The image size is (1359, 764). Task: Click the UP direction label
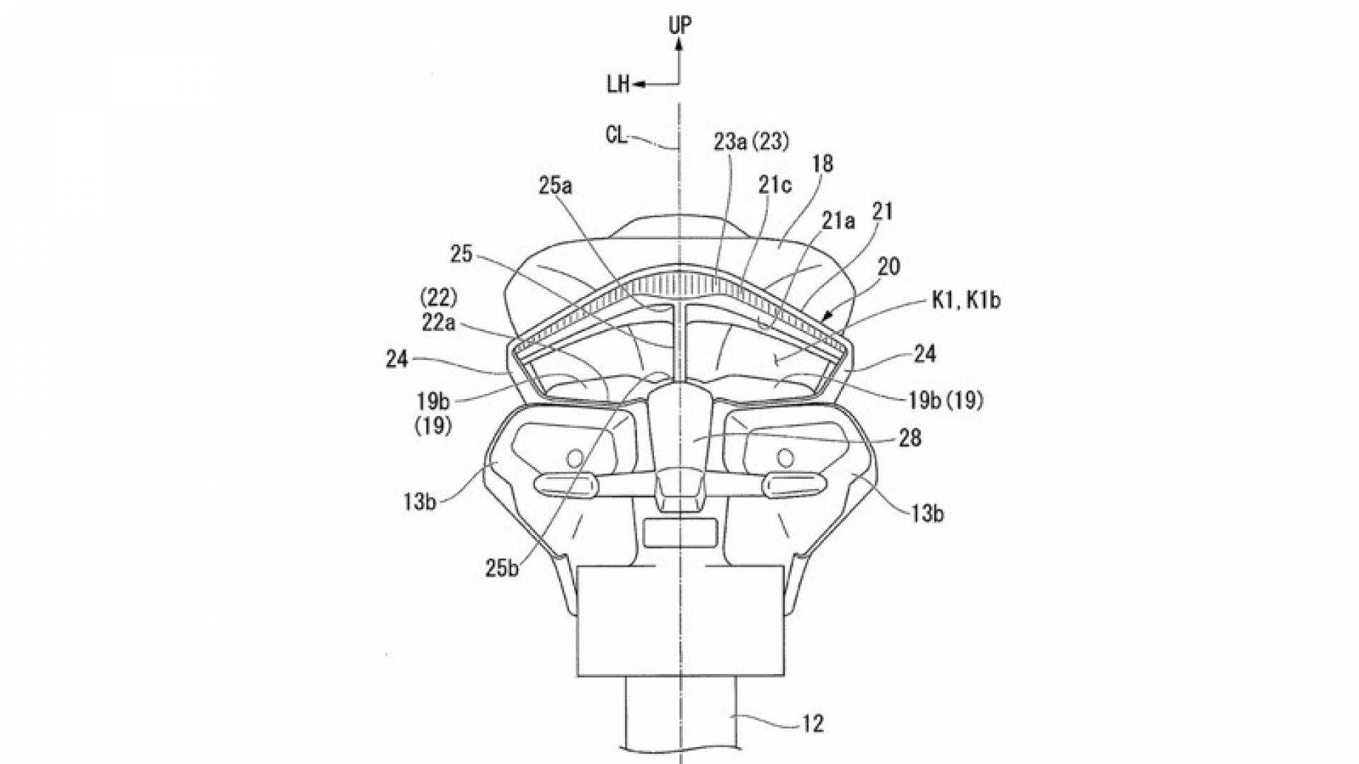coord(679,25)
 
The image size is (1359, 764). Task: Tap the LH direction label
coord(618,85)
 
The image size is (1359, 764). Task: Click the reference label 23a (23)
coord(751,142)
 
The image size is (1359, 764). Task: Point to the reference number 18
coord(822,164)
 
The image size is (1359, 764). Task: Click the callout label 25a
coord(556,186)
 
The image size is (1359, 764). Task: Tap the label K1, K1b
coord(966,301)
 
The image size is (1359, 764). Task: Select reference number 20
coord(888,267)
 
